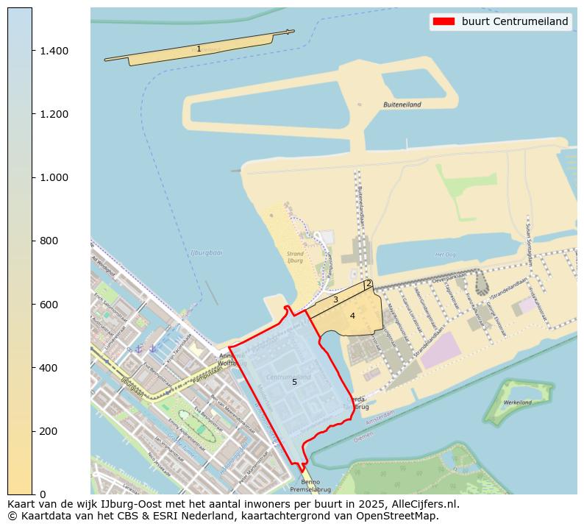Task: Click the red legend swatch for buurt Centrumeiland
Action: coord(444,21)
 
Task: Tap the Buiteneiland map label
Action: coord(402,105)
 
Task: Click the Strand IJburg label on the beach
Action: coord(295,257)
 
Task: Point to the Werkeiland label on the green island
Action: coord(518,402)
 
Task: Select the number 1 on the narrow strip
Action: coord(199,49)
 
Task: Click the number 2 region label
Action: coord(368,283)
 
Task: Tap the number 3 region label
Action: coord(335,299)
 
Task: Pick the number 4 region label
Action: coord(352,316)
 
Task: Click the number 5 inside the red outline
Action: coord(294,382)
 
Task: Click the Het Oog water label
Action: coord(446,255)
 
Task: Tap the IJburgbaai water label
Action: coord(206,252)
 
